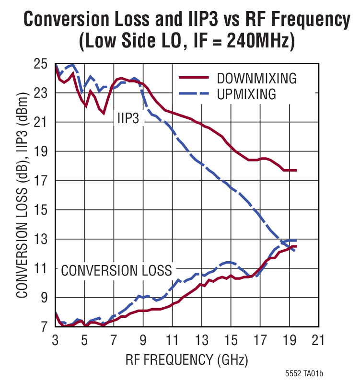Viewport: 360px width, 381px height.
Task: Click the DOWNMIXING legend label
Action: coord(256,78)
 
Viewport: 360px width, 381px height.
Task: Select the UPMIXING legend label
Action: coord(246,94)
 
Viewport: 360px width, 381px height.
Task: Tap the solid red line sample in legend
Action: coord(194,77)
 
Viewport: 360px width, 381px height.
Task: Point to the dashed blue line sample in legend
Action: coord(194,94)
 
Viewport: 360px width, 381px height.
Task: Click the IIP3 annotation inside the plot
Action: coord(128,119)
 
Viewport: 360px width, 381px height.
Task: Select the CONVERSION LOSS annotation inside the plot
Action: coord(116,271)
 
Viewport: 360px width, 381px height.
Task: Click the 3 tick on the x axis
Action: coord(55,341)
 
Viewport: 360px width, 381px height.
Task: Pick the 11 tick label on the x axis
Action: coord(172,341)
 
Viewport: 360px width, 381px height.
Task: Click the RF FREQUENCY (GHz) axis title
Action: coord(187,359)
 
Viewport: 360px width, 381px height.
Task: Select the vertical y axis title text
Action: coord(22,196)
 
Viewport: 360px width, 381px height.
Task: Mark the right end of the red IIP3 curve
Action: coord(296,170)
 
